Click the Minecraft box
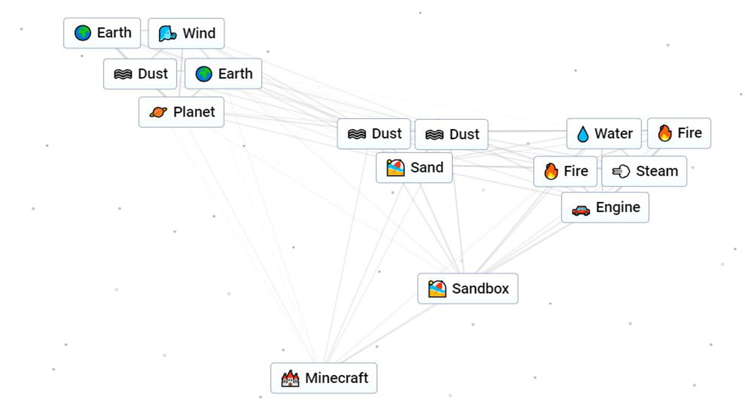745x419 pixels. pyautogui.click(x=323, y=378)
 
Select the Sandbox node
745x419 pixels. pyautogui.click(x=467, y=289)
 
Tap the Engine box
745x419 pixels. pyautogui.click(x=605, y=207)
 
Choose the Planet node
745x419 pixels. pyautogui.click(x=181, y=112)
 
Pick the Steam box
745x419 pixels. pyautogui.click(x=644, y=171)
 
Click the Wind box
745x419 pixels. pyautogui.click(x=186, y=33)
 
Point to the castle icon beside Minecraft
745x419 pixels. pyautogui.click(x=290, y=378)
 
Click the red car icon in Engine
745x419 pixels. pyautogui.click(x=580, y=210)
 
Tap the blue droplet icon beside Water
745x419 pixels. pyautogui.click(x=582, y=134)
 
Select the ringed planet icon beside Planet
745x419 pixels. pyautogui.click(x=158, y=113)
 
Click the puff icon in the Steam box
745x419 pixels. pyautogui.click(x=621, y=172)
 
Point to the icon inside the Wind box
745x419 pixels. pyautogui.click(x=168, y=34)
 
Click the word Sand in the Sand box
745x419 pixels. pyautogui.click(x=427, y=168)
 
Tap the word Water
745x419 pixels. pyautogui.click(x=613, y=133)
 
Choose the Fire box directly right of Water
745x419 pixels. pyautogui.click(x=679, y=133)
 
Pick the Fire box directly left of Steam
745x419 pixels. pyautogui.click(x=565, y=171)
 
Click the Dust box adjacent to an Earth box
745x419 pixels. pyautogui.click(x=140, y=74)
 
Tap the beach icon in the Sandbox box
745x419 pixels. pyautogui.click(x=437, y=289)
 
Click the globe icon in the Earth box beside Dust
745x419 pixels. pyautogui.click(x=204, y=74)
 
